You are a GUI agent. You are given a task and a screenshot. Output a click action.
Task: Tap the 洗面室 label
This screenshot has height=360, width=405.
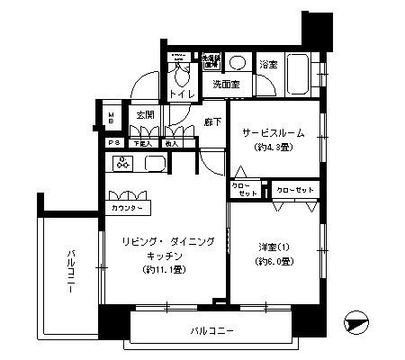coord(225,85)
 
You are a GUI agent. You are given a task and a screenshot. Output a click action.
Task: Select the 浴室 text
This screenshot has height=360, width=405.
coord(268,66)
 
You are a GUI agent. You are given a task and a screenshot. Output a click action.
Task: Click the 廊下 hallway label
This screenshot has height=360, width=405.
coord(212,121)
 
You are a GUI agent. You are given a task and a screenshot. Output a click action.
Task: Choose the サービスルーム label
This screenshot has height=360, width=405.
coord(273,132)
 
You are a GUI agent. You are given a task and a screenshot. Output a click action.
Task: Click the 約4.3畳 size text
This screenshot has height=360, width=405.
coord(273,147)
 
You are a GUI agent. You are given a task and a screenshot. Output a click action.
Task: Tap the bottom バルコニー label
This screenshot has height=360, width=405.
coord(212,331)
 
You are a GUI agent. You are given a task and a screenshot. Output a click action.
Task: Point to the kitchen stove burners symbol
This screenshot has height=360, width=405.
coord(122,163)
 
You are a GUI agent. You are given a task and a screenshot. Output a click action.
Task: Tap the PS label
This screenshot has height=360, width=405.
coord(114,143)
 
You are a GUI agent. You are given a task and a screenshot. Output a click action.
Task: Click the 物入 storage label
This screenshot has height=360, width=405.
coord(172,143)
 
